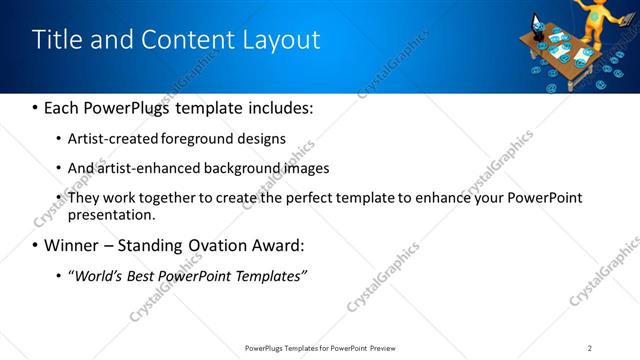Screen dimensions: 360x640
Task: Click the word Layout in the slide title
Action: (x=283, y=40)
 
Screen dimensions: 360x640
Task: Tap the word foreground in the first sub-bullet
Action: (x=216, y=138)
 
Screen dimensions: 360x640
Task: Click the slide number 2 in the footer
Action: (x=590, y=348)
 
